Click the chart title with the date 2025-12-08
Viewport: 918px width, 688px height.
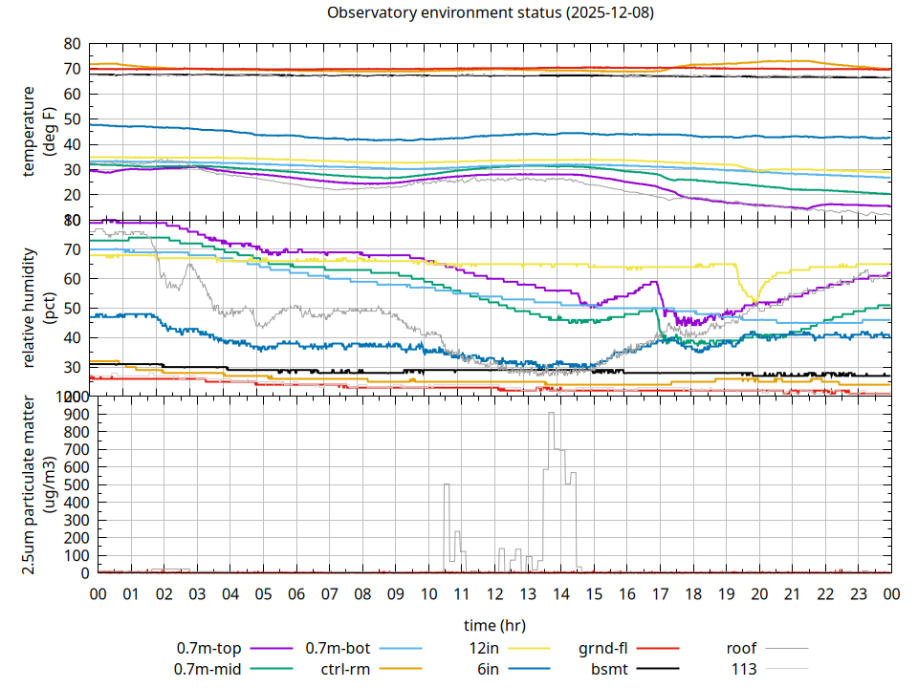491,13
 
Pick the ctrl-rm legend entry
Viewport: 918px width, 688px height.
345,669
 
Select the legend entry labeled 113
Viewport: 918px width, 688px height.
745,669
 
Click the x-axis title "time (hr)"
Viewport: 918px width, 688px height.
494,626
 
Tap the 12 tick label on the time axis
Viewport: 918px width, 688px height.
494,594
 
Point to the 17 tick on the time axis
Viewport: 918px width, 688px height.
660,594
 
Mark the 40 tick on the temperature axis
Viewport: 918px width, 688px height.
73,144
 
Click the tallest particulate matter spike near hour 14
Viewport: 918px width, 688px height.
551,414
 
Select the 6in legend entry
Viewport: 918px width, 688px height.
488,669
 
